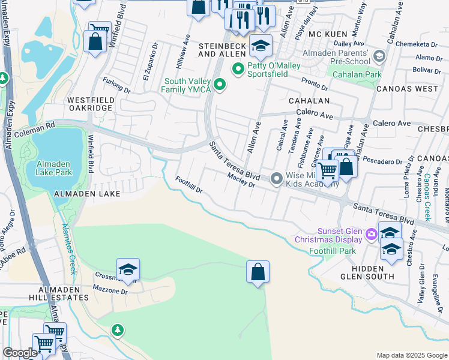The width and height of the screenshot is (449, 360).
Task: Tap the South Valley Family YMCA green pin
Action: click(x=220, y=85)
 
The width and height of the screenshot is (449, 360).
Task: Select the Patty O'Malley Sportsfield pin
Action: click(x=238, y=70)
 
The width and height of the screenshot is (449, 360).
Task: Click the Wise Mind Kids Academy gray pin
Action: click(x=277, y=178)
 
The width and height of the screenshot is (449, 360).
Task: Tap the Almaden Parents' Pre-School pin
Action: click(x=379, y=56)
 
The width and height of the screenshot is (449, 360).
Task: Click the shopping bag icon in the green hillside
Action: click(x=258, y=272)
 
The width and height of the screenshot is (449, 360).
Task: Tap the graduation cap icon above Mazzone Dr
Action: click(x=128, y=270)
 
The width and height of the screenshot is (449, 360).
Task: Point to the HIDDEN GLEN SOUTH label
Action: click(x=367, y=272)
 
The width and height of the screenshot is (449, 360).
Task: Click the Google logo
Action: click(x=20, y=353)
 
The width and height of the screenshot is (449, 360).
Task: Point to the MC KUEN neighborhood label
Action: click(x=328, y=34)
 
